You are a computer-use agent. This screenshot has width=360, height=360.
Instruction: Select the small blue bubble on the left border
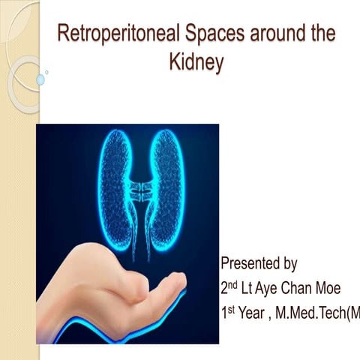pyautogui.click(x=40, y=79)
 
